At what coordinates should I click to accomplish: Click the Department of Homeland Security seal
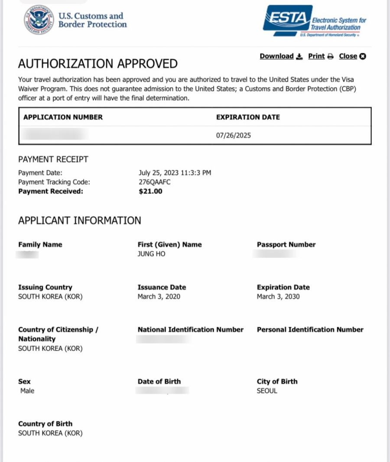tap(39, 20)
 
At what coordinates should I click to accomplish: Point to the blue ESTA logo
tap(287, 19)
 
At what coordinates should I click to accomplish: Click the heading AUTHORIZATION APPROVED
tap(97, 64)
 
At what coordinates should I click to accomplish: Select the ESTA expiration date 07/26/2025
tap(233, 135)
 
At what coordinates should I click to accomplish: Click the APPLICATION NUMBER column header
tap(63, 117)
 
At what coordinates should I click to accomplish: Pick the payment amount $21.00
tap(150, 191)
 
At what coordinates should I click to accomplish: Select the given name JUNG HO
tap(151, 254)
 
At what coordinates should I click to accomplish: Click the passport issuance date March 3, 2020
tap(159, 296)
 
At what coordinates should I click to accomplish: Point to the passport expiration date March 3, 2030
tap(278, 296)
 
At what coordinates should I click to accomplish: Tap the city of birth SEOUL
tap(267, 391)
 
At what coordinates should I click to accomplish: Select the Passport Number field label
tap(286, 244)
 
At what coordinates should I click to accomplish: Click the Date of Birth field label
tap(159, 381)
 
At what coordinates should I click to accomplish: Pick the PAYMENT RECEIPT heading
tap(53, 159)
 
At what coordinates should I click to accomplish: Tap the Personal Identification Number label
tap(310, 329)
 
